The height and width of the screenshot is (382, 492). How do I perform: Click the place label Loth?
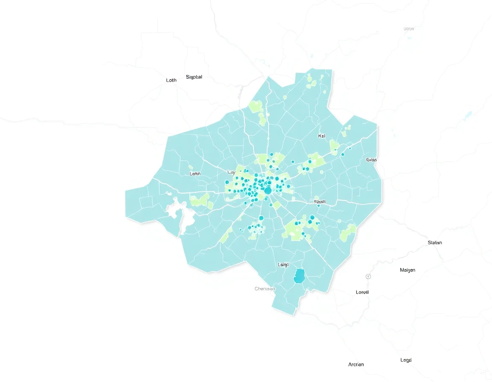click(171, 80)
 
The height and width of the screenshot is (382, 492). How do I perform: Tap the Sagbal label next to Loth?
click(194, 77)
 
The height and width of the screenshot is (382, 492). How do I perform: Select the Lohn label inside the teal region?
click(195, 174)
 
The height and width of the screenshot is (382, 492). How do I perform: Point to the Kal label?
click(322, 136)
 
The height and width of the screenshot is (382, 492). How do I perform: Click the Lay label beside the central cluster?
click(231, 172)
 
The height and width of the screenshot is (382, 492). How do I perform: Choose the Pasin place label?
click(320, 201)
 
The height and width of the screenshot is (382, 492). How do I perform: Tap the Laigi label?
click(283, 264)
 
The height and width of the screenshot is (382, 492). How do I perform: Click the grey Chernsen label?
click(265, 289)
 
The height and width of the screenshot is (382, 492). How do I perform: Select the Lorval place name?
click(362, 292)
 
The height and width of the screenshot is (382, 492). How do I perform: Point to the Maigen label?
click(407, 270)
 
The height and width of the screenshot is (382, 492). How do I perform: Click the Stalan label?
click(435, 243)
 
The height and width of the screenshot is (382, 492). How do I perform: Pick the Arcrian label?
click(356, 365)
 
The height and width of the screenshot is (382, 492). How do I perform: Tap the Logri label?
click(406, 360)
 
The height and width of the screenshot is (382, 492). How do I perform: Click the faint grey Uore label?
click(409, 29)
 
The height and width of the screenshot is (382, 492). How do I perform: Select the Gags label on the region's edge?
click(371, 160)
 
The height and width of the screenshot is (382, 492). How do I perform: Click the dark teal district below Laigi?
click(299, 276)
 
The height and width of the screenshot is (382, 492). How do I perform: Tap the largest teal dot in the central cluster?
click(268, 191)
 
